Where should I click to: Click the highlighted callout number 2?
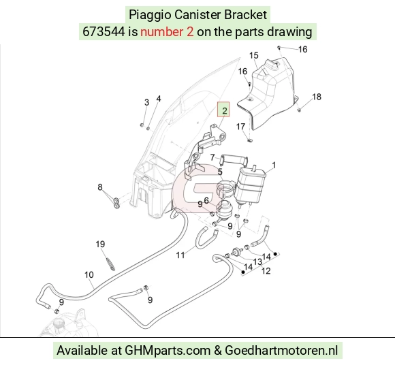224,110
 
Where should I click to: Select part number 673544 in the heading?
104,32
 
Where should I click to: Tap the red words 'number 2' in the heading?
167,32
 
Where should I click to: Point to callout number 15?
254,55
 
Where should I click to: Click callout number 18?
317,97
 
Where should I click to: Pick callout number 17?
241,126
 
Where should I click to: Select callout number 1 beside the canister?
274,165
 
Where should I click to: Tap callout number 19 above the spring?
100,244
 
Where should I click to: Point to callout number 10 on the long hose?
89,274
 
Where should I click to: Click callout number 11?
180,255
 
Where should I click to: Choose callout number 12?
266,271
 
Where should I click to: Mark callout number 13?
258,261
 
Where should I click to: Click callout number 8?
100,187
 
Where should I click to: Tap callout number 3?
146,102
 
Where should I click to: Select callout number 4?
159,99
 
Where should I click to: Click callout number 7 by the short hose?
212,157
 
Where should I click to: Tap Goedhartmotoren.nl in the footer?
281,351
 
